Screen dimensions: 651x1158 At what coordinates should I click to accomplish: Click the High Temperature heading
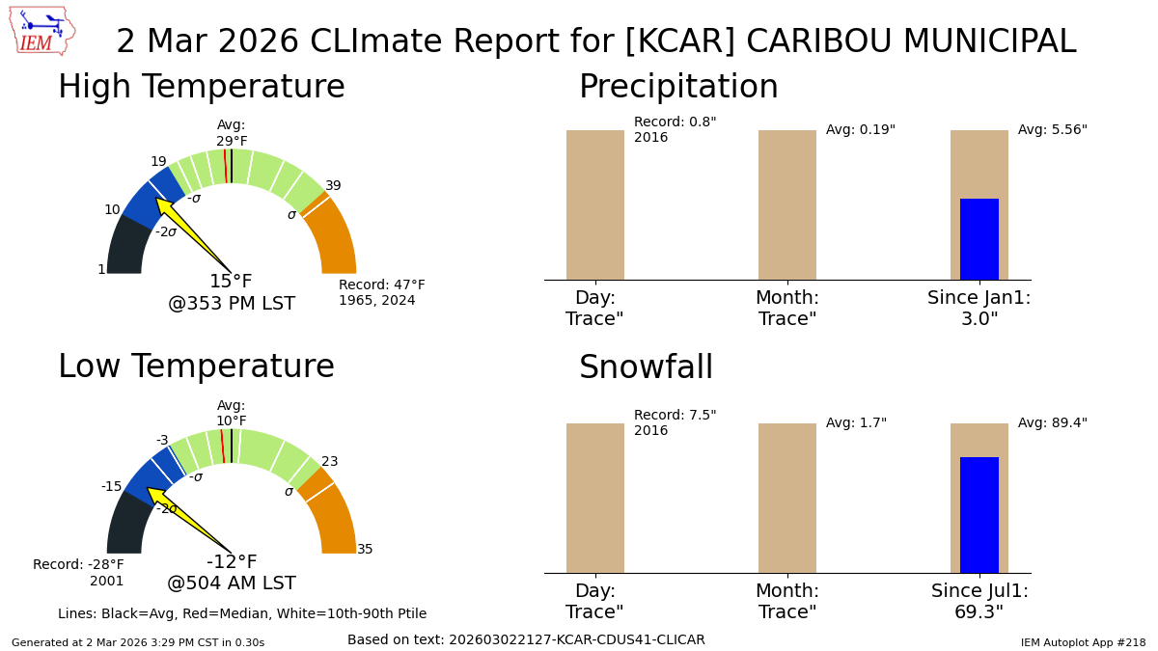point(201,88)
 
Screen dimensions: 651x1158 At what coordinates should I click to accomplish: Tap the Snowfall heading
point(646,368)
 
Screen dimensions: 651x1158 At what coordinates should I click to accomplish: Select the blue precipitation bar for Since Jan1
point(979,239)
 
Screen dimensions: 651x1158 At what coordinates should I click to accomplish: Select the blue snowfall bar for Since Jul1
point(979,515)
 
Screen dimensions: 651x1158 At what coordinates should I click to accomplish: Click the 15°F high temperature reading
point(231,282)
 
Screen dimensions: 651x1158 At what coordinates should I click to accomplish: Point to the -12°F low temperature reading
point(232,562)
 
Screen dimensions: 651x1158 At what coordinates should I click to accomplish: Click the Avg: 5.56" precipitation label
point(1052,130)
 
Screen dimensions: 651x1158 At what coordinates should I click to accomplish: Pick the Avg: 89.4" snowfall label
point(1052,423)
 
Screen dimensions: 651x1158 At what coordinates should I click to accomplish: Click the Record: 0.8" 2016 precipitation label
point(675,130)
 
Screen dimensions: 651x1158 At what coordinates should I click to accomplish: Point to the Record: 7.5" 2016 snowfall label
point(675,423)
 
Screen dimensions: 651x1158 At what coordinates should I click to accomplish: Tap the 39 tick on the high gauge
point(333,186)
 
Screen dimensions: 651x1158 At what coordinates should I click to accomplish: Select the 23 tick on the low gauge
point(330,462)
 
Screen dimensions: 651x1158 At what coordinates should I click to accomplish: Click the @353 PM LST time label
point(232,304)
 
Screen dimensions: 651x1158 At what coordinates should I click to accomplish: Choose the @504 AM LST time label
point(232,583)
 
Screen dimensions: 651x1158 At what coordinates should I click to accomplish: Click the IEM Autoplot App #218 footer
point(1083,642)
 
